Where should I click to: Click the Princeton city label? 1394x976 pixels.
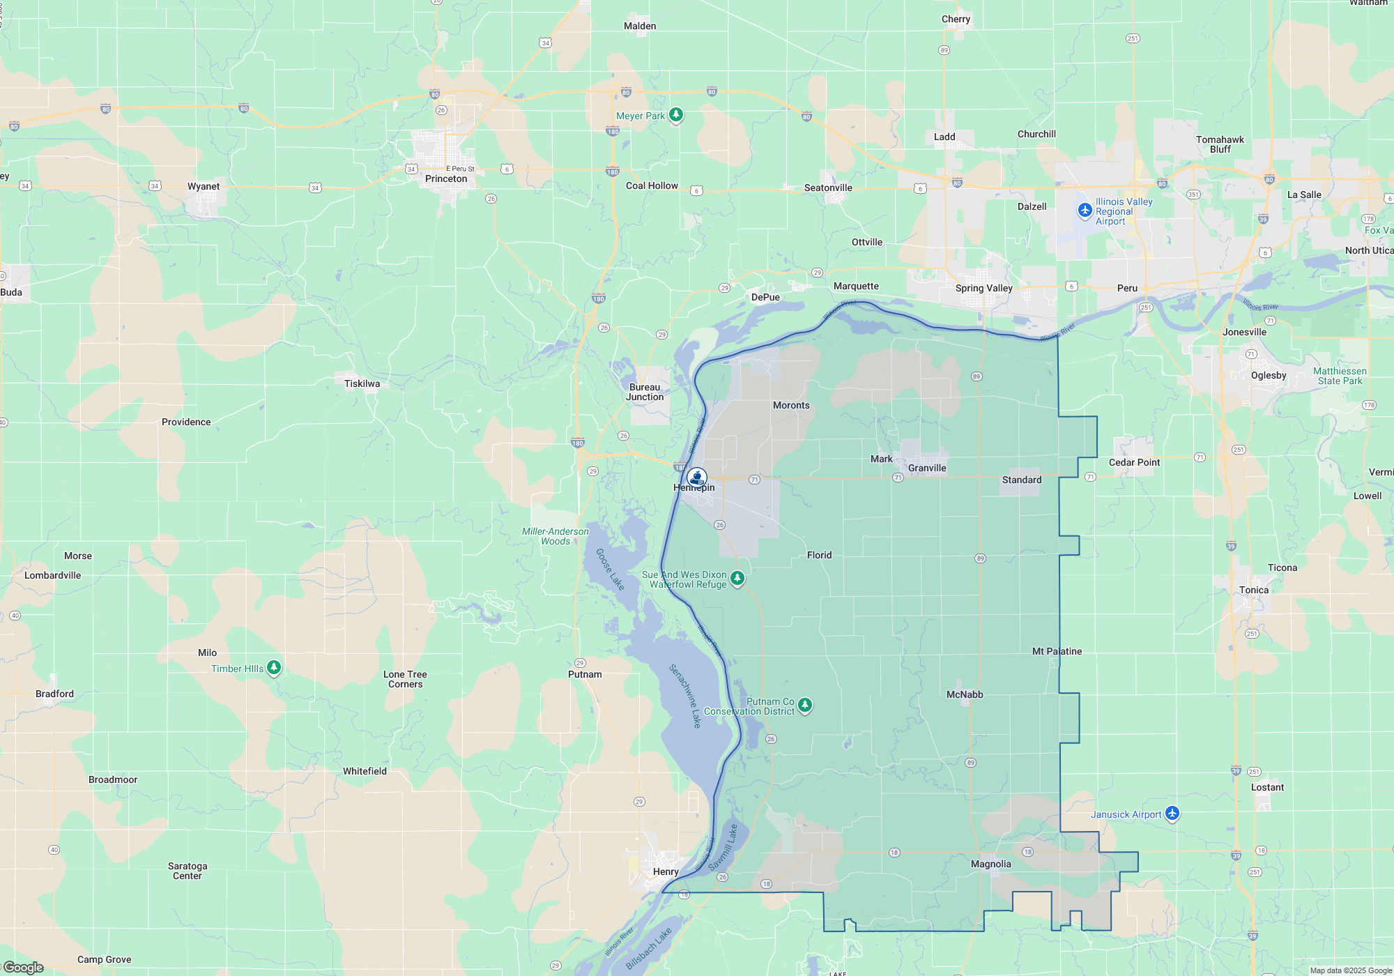(x=446, y=178)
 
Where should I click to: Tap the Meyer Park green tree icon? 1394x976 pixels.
(x=675, y=115)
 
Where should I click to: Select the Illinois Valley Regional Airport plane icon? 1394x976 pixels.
(x=1085, y=210)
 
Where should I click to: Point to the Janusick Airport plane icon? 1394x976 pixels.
(x=1172, y=814)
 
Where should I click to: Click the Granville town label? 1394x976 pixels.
(x=927, y=468)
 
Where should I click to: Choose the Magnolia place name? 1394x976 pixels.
(x=990, y=864)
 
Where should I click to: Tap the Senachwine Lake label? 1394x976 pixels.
(x=684, y=696)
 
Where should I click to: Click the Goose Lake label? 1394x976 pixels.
(x=610, y=569)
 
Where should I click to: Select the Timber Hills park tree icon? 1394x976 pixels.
(x=274, y=668)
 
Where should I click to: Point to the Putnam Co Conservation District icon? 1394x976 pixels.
(x=805, y=706)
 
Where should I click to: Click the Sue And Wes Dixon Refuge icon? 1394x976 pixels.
(x=737, y=579)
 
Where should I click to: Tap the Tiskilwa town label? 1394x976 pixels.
(x=362, y=383)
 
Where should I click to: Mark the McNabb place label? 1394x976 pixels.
(x=965, y=694)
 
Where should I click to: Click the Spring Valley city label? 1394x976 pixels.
(x=983, y=288)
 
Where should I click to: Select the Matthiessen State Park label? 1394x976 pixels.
(x=1340, y=376)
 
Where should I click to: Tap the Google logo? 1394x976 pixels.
(x=24, y=968)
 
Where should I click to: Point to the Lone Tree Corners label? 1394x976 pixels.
(x=405, y=679)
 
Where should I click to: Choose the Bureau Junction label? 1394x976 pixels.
(x=645, y=392)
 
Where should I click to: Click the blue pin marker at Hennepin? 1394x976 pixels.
(x=697, y=478)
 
